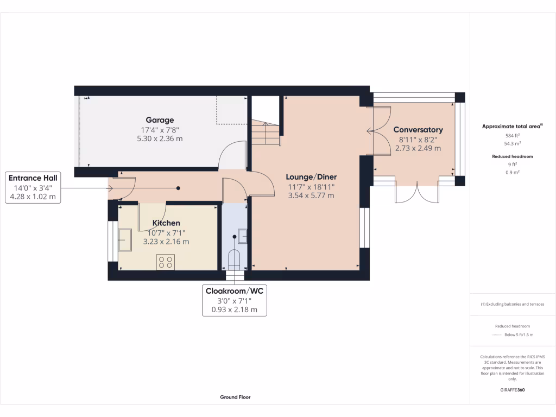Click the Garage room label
pyautogui.click(x=160, y=120)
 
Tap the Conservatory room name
pyautogui.click(x=418, y=130)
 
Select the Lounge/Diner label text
pyautogui.click(x=312, y=177)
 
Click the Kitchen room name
pyautogui.click(x=166, y=223)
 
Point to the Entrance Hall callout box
pyautogui.click(x=33, y=187)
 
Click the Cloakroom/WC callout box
pyautogui.click(x=234, y=300)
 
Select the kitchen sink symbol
pyautogui.click(x=124, y=240)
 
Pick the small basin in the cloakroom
pyautogui.click(x=243, y=236)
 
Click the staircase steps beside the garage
pyautogui.click(x=266, y=134)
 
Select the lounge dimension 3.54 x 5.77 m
pyautogui.click(x=312, y=195)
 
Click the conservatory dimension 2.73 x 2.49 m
pyautogui.click(x=418, y=148)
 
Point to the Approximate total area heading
pyautogui.click(x=512, y=126)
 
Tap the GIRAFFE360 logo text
pyautogui.click(x=512, y=390)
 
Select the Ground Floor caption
pyautogui.click(x=235, y=397)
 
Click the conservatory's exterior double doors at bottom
pyautogui.click(x=417, y=193)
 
